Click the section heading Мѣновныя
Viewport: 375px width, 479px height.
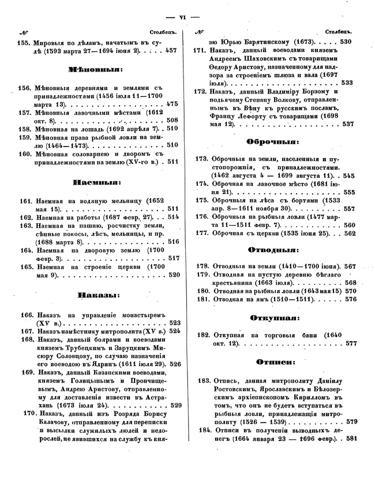[95, 69]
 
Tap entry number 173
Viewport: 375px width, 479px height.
[201, 158]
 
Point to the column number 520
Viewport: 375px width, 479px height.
[175, 275]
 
